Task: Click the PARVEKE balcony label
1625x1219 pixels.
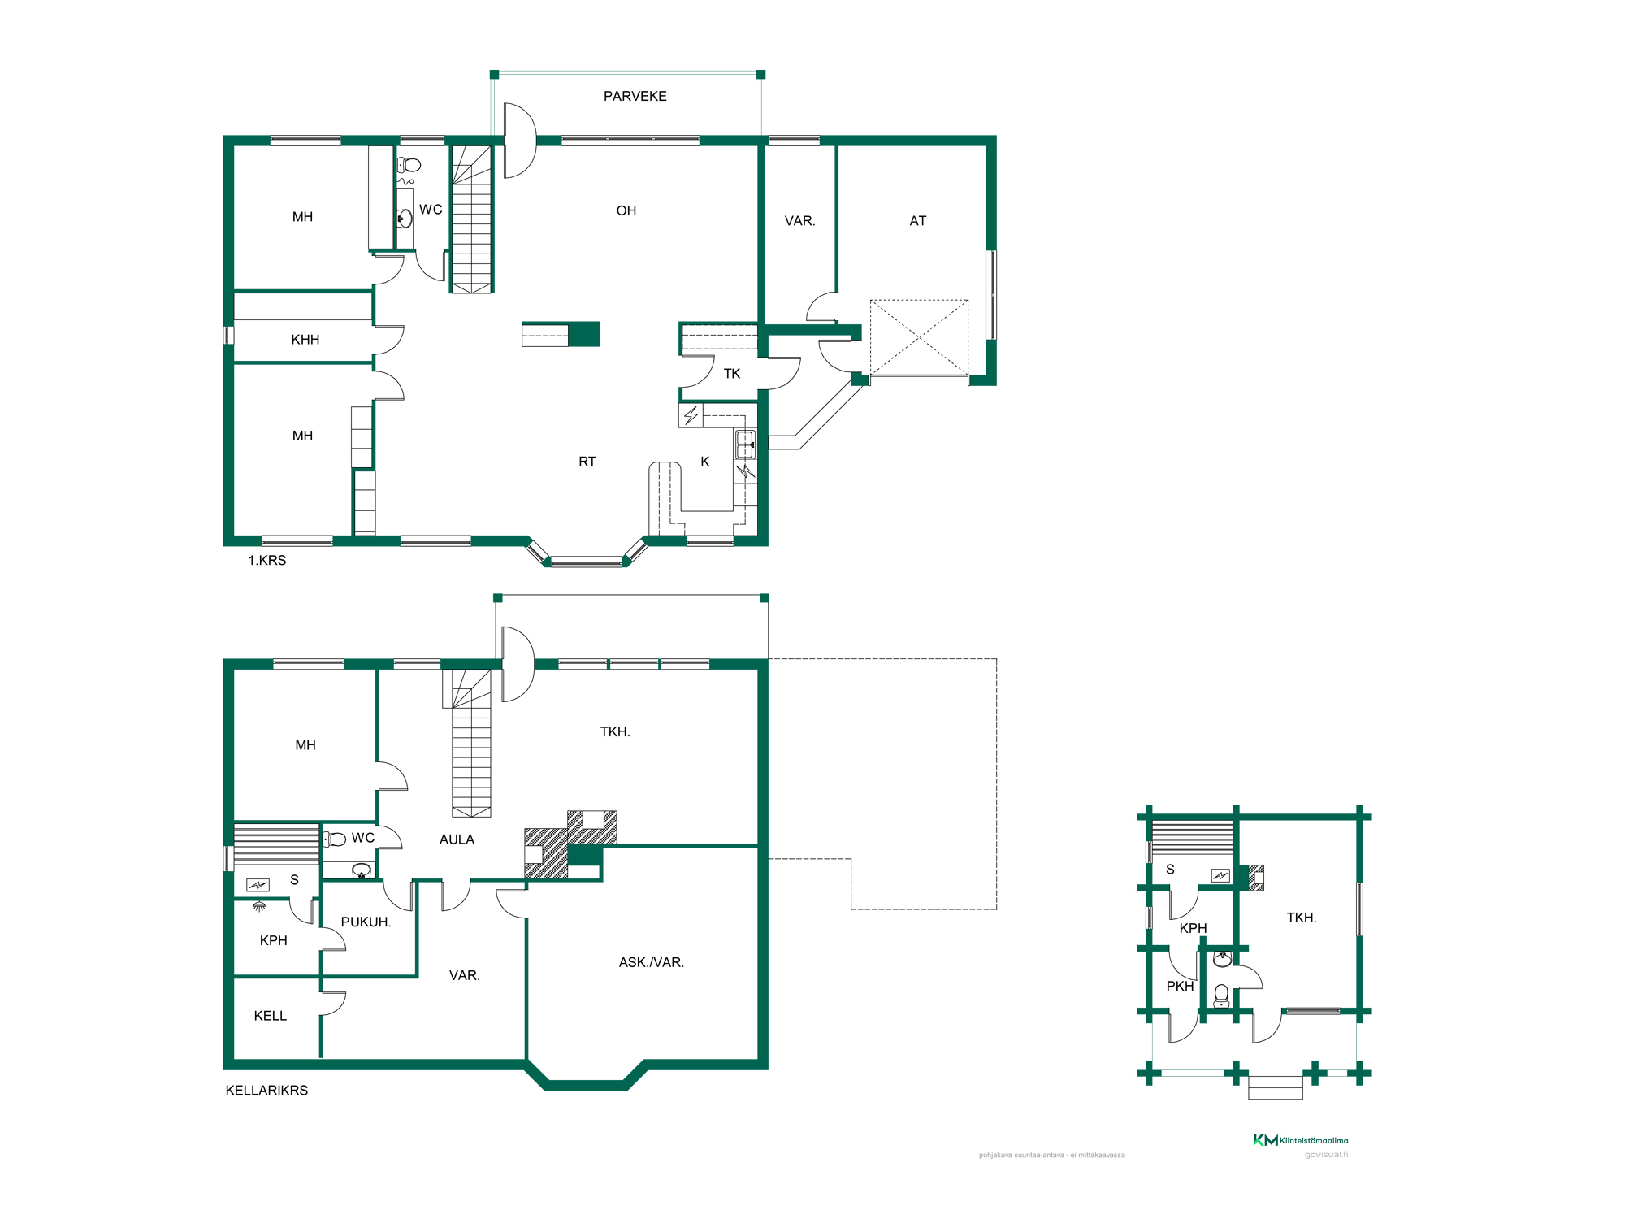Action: click(635, 96)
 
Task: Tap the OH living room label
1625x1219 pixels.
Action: click(626, 210)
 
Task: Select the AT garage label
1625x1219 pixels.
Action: click(917, 221)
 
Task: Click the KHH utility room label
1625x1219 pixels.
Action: click(305, 340)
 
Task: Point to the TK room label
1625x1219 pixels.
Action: click(731, 374)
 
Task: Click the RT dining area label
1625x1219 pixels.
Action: click(587, 462)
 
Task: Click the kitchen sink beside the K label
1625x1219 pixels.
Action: click(745, 445)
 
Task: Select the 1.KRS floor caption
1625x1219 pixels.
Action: click(266, 561)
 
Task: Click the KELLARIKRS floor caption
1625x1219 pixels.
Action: click(266, 1091)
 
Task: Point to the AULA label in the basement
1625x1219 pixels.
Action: click(457, 839)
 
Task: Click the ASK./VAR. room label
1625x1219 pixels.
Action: click(651, 962)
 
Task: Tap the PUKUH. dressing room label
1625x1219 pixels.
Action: click(366, 922)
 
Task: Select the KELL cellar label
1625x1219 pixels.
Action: click(270, 1016)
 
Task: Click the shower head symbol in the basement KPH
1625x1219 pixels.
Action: click(259, 906)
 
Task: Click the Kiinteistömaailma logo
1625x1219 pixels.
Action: click(1300, 1140)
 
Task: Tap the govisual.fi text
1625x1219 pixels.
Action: click(1326, 1155)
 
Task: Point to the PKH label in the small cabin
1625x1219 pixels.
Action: click(1180, 986)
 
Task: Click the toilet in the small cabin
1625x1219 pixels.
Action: click(1221, 996)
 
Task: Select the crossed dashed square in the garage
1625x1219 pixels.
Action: click(919, 337)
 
